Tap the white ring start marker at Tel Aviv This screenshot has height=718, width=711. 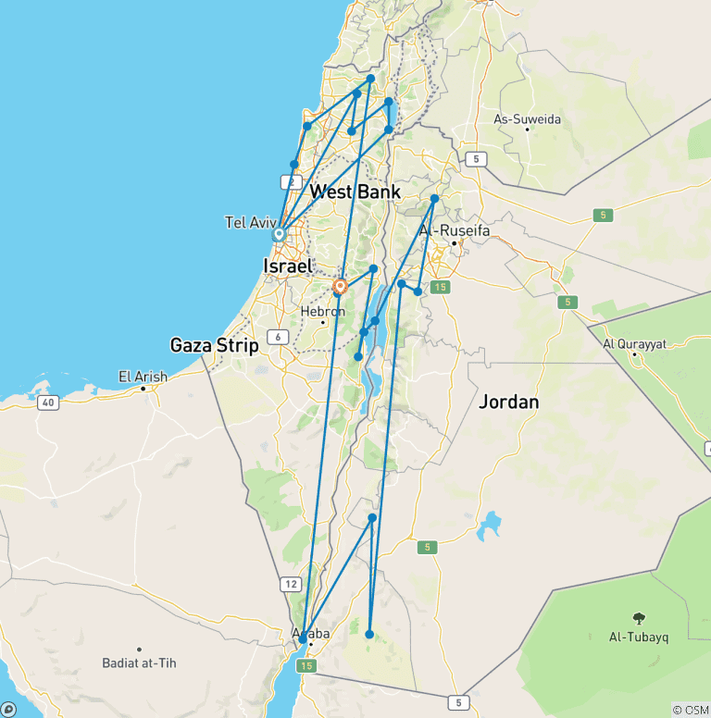[x=278, y=235]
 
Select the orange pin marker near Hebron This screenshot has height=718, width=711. [x=340, y=287]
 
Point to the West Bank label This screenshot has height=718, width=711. [x=355, y=192]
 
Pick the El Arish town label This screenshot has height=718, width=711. [x=143, y=377]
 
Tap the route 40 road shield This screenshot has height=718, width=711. [x=48, y=402]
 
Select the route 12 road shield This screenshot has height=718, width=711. [x=292, y=584]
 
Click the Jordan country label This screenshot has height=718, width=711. [x=508, y=402]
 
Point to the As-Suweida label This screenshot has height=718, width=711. [x=528, y=118]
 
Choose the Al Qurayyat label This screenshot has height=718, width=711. [x=635, y=343]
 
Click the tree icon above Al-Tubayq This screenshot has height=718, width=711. [x=639, y=618]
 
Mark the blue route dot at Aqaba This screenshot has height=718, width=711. [x=303, y=639]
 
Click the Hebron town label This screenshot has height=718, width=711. [x=322, y=311]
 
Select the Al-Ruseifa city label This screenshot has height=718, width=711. [x=455, y=229]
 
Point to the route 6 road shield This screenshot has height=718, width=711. [x=277, y=337]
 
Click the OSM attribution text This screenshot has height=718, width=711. [x=691, y=710]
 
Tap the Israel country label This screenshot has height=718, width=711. [x=287, y=266]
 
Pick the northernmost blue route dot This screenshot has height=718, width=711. [x=370, y=79]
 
